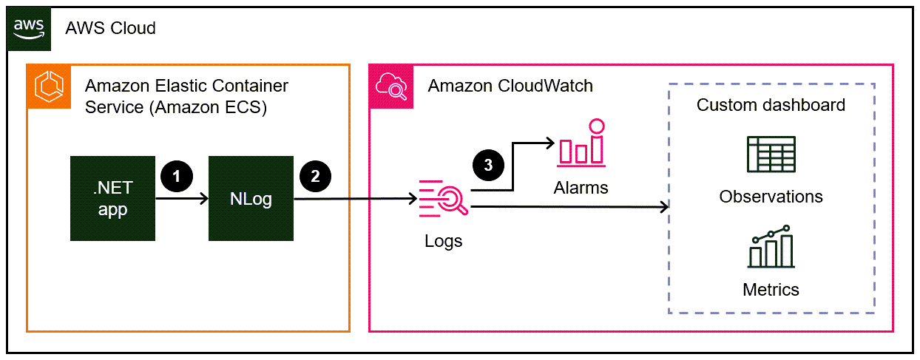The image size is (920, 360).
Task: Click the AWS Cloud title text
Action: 111,29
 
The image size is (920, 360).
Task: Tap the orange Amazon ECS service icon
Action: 49,86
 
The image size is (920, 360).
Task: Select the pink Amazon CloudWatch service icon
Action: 390,86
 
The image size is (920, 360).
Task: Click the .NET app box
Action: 112,198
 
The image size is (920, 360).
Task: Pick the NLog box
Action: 251,198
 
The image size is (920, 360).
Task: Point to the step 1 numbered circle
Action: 176,176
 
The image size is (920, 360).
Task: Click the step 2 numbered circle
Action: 315,176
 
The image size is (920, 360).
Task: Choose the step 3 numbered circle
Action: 488,165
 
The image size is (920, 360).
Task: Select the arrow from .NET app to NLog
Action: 182,199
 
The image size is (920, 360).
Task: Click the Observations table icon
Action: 771,156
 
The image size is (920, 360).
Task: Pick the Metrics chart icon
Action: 771,247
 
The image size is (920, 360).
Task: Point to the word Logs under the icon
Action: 444,241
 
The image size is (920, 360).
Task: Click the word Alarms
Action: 581,188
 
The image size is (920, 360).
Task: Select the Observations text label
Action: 771,197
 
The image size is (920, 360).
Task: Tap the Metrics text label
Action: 771,289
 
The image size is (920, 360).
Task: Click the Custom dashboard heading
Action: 771,105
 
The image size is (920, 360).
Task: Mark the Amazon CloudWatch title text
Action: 510,86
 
